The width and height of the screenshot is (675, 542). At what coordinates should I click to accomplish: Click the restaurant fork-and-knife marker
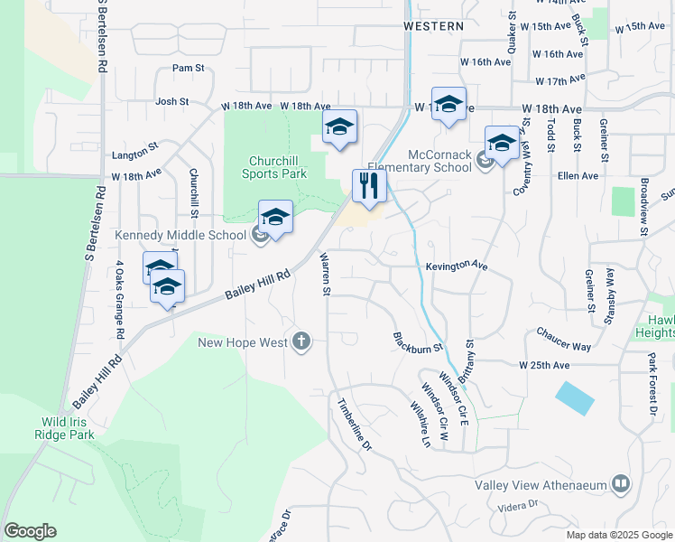[x=369, y=186]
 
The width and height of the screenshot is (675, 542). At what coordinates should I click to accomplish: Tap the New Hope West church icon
[x=301, y=341]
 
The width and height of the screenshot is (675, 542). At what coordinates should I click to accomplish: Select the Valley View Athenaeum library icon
[x=620, y=485]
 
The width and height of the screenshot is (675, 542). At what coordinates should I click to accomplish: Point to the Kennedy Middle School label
[x=180, y=236]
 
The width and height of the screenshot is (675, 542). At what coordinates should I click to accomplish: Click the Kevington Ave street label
[x=457, y=266]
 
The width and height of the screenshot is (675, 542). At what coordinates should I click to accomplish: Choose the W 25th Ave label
[x=544, y=366]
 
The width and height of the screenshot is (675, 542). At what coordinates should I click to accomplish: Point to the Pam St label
[x=189, y=68]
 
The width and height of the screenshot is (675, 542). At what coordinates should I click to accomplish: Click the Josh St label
[x=171, y=102]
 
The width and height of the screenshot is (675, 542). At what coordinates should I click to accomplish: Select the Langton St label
[x=135, y=145]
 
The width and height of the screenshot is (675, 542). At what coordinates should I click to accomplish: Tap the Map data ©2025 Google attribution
[x=619, y=535]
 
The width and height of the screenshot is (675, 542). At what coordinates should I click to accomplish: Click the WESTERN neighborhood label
[x=434, y=27]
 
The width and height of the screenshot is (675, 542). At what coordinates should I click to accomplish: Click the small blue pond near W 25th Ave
[x=575, y=397]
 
